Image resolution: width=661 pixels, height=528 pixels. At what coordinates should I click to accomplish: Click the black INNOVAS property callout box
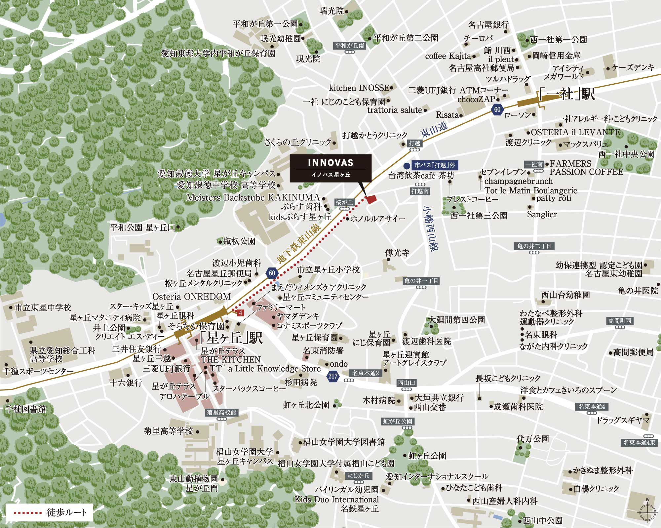click(330, 168)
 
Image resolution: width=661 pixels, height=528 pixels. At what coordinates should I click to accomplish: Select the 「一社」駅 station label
click(567, 95)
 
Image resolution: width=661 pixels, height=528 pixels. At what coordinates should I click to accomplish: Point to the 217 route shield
click(333, 376)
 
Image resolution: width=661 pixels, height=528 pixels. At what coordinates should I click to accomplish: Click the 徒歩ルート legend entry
click(50, 513)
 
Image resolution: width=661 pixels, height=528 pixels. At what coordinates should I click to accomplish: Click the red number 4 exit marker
click(241, 312)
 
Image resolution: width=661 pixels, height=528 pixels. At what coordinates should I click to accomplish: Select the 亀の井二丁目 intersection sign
click(534, 246)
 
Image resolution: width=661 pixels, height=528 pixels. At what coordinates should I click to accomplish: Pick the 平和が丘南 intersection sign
click(349, 46)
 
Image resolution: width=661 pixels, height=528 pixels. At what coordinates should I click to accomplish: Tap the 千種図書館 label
click(26, 409)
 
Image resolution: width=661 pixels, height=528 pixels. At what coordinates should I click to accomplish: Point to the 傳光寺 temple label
click(397, 253)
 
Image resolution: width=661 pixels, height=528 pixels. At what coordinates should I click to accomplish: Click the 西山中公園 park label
click(542, 520)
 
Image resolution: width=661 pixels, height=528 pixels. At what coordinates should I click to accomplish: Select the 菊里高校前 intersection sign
click(221, 412)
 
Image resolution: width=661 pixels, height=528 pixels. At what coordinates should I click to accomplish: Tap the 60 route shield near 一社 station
click(497, 109)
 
